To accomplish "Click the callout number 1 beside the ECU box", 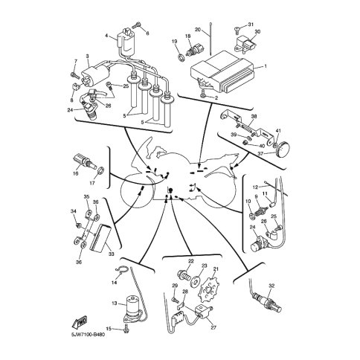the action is pyautogui.click(x=266, y=66).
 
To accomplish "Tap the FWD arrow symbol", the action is pyautogui.click(x=80, y=323).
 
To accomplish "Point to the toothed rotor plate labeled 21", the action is pyautogui.click(x=207, y=289).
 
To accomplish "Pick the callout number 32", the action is pyautogui.click(x=271, y=286).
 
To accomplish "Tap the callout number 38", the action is pyautogui.click(x=254, y=116).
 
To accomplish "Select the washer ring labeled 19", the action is pyautogui.click(x=181, y=58).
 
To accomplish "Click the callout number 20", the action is pyautogui.click(x=198, y=30).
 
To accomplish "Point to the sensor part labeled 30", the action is pyautogui.click(x=245, y=46).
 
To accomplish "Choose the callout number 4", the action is pyautogui.click(x=106, y=36).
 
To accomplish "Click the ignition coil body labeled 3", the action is pyautogui.click(x=94, y=74).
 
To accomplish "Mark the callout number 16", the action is pyautogui.click(x=76, y=173).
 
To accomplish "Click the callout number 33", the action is pyautogui.click(x=112, y=254).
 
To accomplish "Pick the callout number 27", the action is pyautogui.click(x=213, y=327).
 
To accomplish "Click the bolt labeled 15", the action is pyautogui.click(x=126, y=328).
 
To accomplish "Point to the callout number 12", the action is pyautogui.click(x=255, y=187).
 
